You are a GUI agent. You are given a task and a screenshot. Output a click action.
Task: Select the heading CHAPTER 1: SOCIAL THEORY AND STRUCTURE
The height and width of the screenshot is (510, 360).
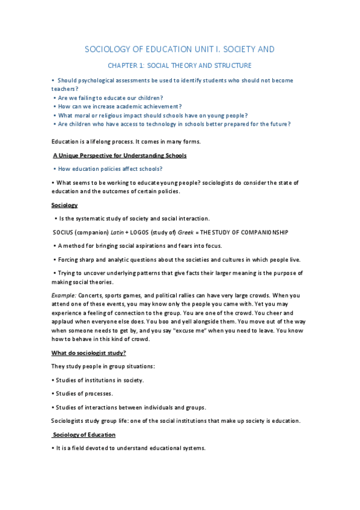tap(179, 65)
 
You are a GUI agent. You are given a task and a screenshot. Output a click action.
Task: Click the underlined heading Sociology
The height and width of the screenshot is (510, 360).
tap(64, 205)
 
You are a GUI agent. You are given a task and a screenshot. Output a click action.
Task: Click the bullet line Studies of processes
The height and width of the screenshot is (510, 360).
tap(83, 393)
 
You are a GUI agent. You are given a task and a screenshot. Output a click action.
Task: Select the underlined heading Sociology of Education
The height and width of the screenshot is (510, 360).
tap(84, 434)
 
